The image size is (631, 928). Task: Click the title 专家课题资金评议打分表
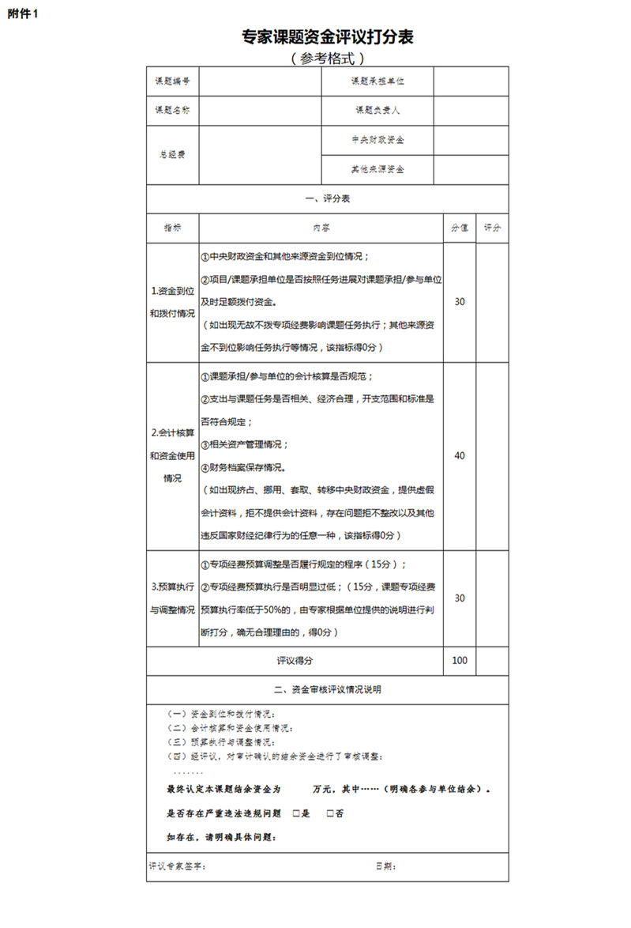click(x=328, y=36)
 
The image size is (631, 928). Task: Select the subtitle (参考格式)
click(x=327, y=58)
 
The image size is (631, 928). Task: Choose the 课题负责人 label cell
click(x=377, y=110)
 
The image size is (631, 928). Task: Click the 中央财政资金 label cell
click(x=377, y=140)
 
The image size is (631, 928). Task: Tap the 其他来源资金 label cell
click(x=377, y=169)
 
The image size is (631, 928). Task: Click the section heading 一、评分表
click(x=327, y=198)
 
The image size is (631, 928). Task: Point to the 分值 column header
click(x=460, y=228)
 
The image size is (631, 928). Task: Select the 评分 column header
click(x=493, y=228)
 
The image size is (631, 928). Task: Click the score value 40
click(x=460, y=455)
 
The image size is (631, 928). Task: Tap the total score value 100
click(x=460, y=661)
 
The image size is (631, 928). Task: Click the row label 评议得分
click(x=295, y=661)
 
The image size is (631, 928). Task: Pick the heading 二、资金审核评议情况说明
click(x=327, y=689)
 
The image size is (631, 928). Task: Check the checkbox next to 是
click(x=295, y=813)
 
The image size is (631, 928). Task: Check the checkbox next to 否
click(x=329, y=813)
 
